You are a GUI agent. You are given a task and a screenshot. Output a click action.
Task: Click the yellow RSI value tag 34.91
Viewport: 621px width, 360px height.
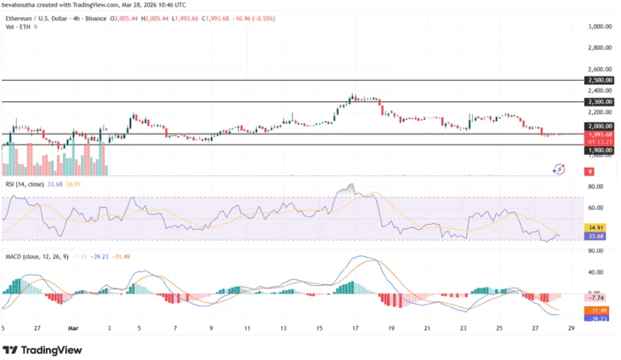point(598,228)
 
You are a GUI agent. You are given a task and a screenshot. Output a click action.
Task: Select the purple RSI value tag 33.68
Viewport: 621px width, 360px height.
point(598,236)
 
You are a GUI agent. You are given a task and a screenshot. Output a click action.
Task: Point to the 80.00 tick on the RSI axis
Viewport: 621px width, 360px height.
point(595,186)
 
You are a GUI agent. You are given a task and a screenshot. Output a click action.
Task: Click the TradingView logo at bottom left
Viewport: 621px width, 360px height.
point(43,350)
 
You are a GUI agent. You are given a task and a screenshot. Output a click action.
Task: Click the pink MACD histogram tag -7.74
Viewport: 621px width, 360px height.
point(598,299)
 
